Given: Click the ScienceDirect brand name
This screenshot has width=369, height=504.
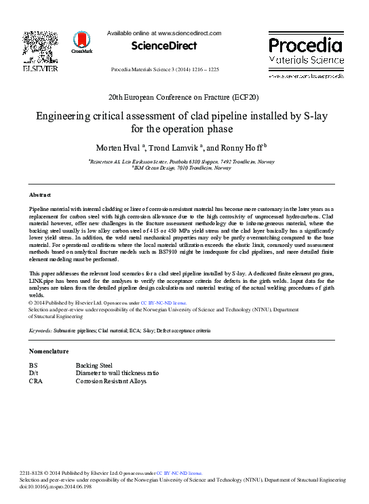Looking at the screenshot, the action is [163, 46].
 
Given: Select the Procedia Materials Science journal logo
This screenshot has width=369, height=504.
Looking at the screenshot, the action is [305, 52].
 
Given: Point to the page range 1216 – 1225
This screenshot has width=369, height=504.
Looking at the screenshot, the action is [201, 70].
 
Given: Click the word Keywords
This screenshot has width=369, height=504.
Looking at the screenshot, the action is [41, 330].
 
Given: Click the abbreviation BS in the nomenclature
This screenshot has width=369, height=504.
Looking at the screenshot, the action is [33, 366].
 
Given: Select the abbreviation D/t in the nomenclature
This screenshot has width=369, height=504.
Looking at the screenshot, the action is [33, 373].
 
